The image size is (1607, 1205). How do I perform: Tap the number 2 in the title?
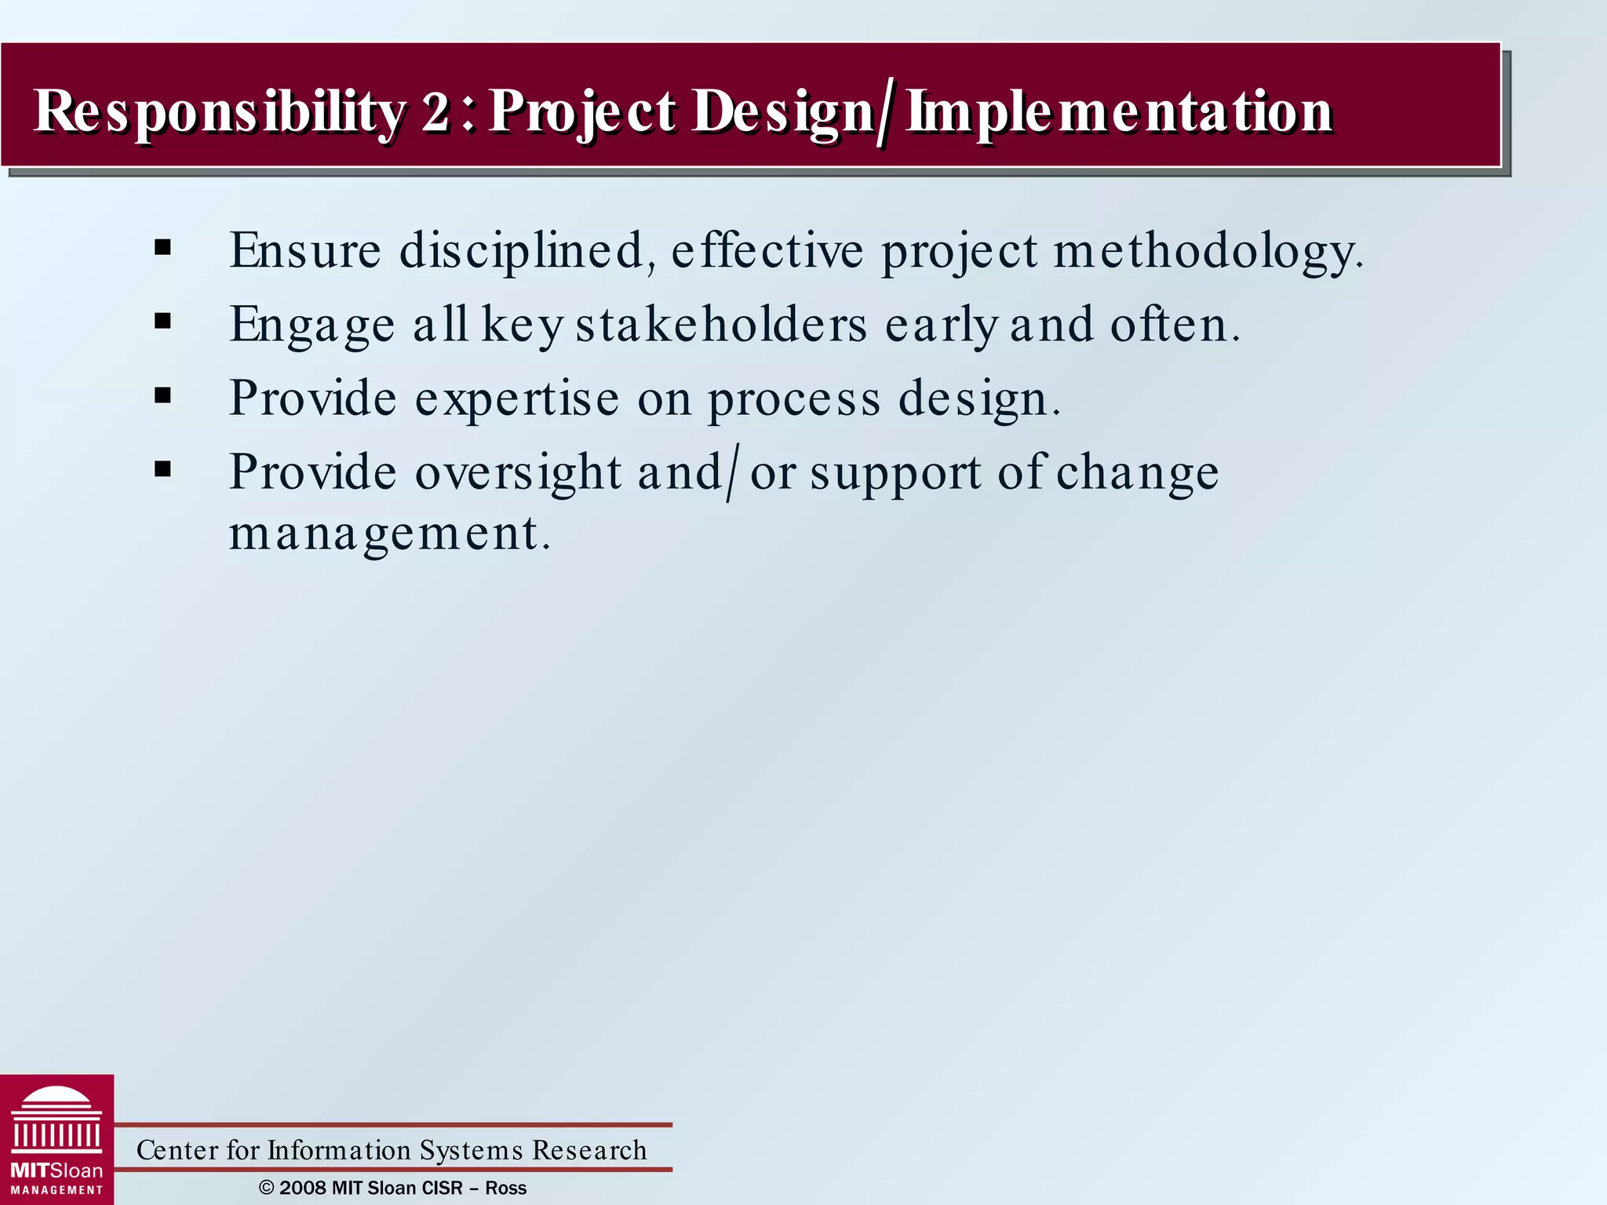[x=436, y=111]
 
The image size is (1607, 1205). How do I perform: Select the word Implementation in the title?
[x=1120, y=111]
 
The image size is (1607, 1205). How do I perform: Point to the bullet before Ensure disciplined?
[x=163, y=248]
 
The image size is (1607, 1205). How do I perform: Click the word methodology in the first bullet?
[x=1208, y=252]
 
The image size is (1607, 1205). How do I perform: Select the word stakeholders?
[x=721, y=324]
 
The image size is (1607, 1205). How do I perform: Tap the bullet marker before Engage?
[x=163, y=321]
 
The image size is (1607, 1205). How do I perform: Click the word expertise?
[x=516, y=399]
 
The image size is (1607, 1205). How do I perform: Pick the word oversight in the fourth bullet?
[x=518, y=473]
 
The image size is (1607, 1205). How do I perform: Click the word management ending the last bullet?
[x=389, y=533]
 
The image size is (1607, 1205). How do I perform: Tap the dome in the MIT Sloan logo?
[x=56, y=1099]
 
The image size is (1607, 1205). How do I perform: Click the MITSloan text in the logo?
[x=56, y=1170]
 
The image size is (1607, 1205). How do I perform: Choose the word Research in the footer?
[x=589, y=1150]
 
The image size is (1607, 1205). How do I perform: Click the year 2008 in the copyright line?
[x=303, y=1188]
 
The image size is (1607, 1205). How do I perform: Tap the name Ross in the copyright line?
[x=505, y=1188]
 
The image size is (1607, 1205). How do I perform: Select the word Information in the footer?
[x=339, y=1150]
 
